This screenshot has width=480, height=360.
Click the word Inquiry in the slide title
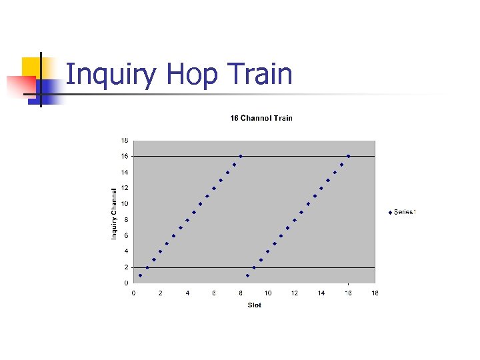coord(112,75)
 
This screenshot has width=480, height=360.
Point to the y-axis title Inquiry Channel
coord(114,213)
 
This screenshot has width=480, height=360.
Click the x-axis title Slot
coord(254,305)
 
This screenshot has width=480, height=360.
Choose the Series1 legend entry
coord(403,212)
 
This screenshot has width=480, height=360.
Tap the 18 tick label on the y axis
coord(125,141)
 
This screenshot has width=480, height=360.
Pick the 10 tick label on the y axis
coord(125,204)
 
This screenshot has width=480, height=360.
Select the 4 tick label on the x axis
coord(187,293)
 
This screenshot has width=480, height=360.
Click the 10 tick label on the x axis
coord(267,293)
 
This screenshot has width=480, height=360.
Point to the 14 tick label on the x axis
coord(321,293)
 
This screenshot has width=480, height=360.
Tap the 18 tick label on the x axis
coord(375,293)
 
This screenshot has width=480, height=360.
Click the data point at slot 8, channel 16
coord(241,156)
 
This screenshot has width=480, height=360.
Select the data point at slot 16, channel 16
coord(348,156)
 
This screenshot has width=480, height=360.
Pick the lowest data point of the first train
coord(140,275)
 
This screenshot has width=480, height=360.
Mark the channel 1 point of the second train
coord(247,275)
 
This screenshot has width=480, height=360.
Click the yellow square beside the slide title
coord(31,67)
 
